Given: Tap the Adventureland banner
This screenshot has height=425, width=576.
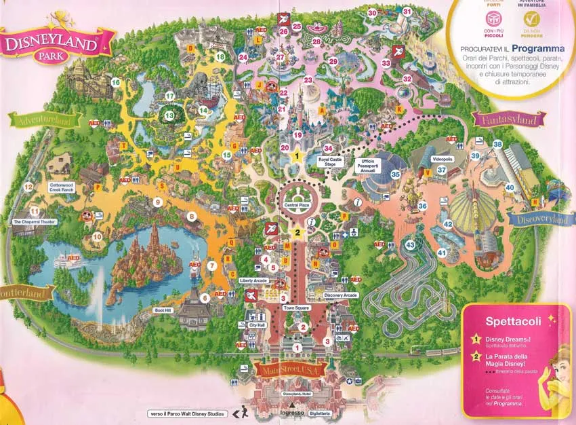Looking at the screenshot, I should [44, 120].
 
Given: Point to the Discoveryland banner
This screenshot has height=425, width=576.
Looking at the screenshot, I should [535, 219].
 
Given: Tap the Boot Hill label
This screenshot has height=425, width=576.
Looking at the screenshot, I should [164, 310].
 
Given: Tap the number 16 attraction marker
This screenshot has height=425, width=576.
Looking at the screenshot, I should [116, 83].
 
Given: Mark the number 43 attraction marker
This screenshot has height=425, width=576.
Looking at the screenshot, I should [410, 244].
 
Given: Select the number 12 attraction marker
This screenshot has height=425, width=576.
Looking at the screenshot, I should [28, 186].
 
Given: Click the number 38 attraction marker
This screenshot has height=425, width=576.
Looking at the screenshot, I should [497, 144].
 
